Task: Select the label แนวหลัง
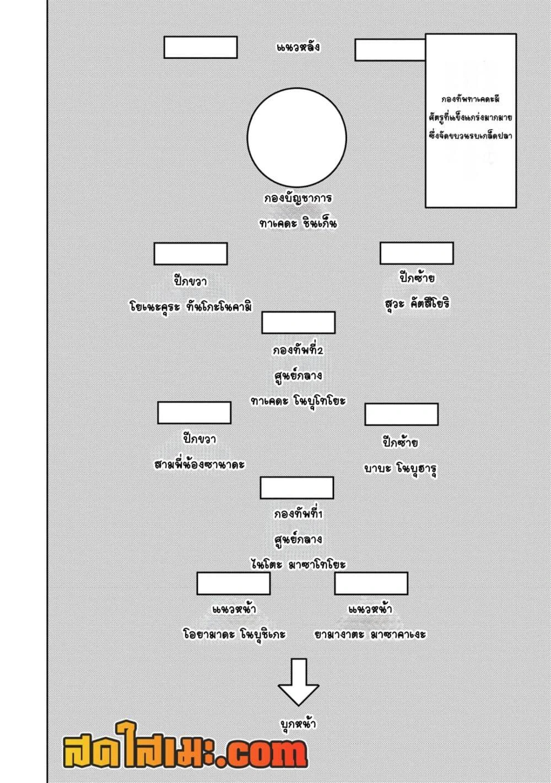click(298, 47)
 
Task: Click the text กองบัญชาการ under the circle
click(298, 198)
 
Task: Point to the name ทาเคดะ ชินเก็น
click(298, 224)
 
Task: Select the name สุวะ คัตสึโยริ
click(417, 304)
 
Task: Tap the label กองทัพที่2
click(298, 350)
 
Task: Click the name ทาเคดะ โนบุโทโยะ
click(298, 401)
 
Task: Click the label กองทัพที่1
click(298, 514)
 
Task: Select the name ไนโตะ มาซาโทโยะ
click(298, 564)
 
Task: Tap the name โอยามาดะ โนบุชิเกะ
click(234, 634)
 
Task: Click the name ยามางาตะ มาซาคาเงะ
click(370, 634)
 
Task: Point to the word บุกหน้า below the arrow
click(298, 724)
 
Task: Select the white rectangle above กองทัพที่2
click(298, 323)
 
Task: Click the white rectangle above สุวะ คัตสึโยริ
click(417, 253)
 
